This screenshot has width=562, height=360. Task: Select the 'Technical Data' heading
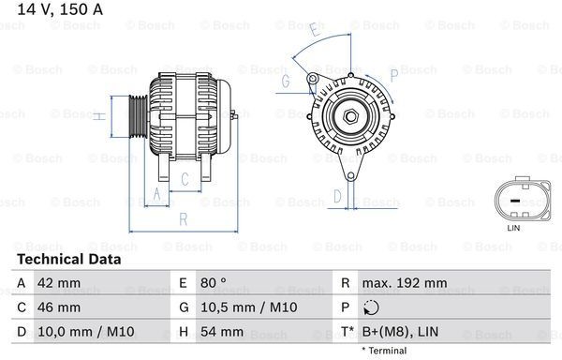click(68, 259)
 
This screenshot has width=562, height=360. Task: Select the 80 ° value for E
click(214, 282)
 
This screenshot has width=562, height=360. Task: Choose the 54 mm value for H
click(221, 331)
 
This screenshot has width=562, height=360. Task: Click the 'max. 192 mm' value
click(407, 282)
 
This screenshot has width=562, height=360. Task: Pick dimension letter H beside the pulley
click(99, 116)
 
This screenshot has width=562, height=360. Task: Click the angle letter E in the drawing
click(314, 31)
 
